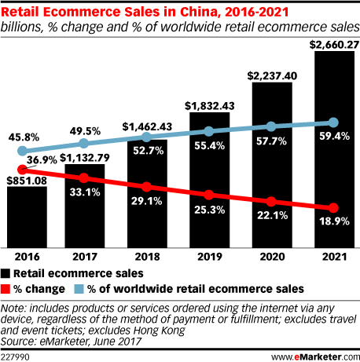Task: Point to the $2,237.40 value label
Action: [x=272, y=75]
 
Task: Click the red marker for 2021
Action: [x=334, y=207]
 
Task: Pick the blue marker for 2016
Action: [x=22, y=151]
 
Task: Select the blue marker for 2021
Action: [x=334, y=122]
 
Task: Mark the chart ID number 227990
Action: [x=17, y=354]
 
